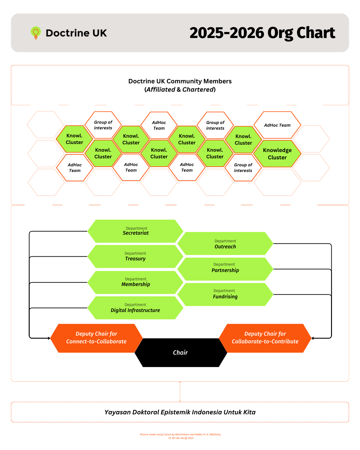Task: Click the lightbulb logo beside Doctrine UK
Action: pos(36,33)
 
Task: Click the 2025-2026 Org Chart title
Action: pos(262,33)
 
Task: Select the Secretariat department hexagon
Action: pos(135,231)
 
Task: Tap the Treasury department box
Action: pos(135,256)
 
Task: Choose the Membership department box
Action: pos(135,282)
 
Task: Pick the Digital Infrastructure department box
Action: pos(135,308)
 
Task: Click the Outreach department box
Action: pos(225,244)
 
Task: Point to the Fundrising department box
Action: pos(225,294)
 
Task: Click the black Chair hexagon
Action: pos(180,353)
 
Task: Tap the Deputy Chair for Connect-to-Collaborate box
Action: pos(96,338)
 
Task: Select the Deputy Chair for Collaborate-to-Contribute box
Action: pos(265,338)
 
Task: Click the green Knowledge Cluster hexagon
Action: pos(277,154)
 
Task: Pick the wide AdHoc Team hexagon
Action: pos(277,125)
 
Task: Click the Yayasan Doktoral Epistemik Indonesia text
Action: pos(180,412)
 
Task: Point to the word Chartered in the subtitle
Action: pos(198,90)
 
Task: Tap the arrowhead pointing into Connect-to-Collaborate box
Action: pos(49,338)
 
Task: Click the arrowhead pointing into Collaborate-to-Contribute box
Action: pos(313,338)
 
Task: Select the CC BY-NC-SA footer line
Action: pos(181,438)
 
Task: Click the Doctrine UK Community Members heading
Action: pos(180,81)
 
